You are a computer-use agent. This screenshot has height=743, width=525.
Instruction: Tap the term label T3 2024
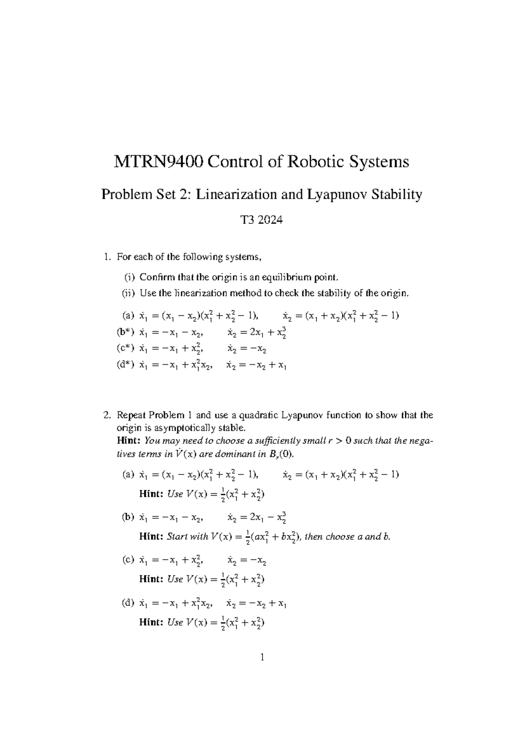[262, 220]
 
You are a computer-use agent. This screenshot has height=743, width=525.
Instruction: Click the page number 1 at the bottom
[262, 657]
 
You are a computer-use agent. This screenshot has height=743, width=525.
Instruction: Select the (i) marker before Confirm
[129, 277]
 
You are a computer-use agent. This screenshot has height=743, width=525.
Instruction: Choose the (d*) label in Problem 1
[125, 364]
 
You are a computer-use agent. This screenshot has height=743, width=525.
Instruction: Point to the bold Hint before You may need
[129, 440]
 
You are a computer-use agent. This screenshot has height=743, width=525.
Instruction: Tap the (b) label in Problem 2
[128, 517]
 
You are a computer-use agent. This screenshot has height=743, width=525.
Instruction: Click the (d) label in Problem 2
[128, 603]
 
